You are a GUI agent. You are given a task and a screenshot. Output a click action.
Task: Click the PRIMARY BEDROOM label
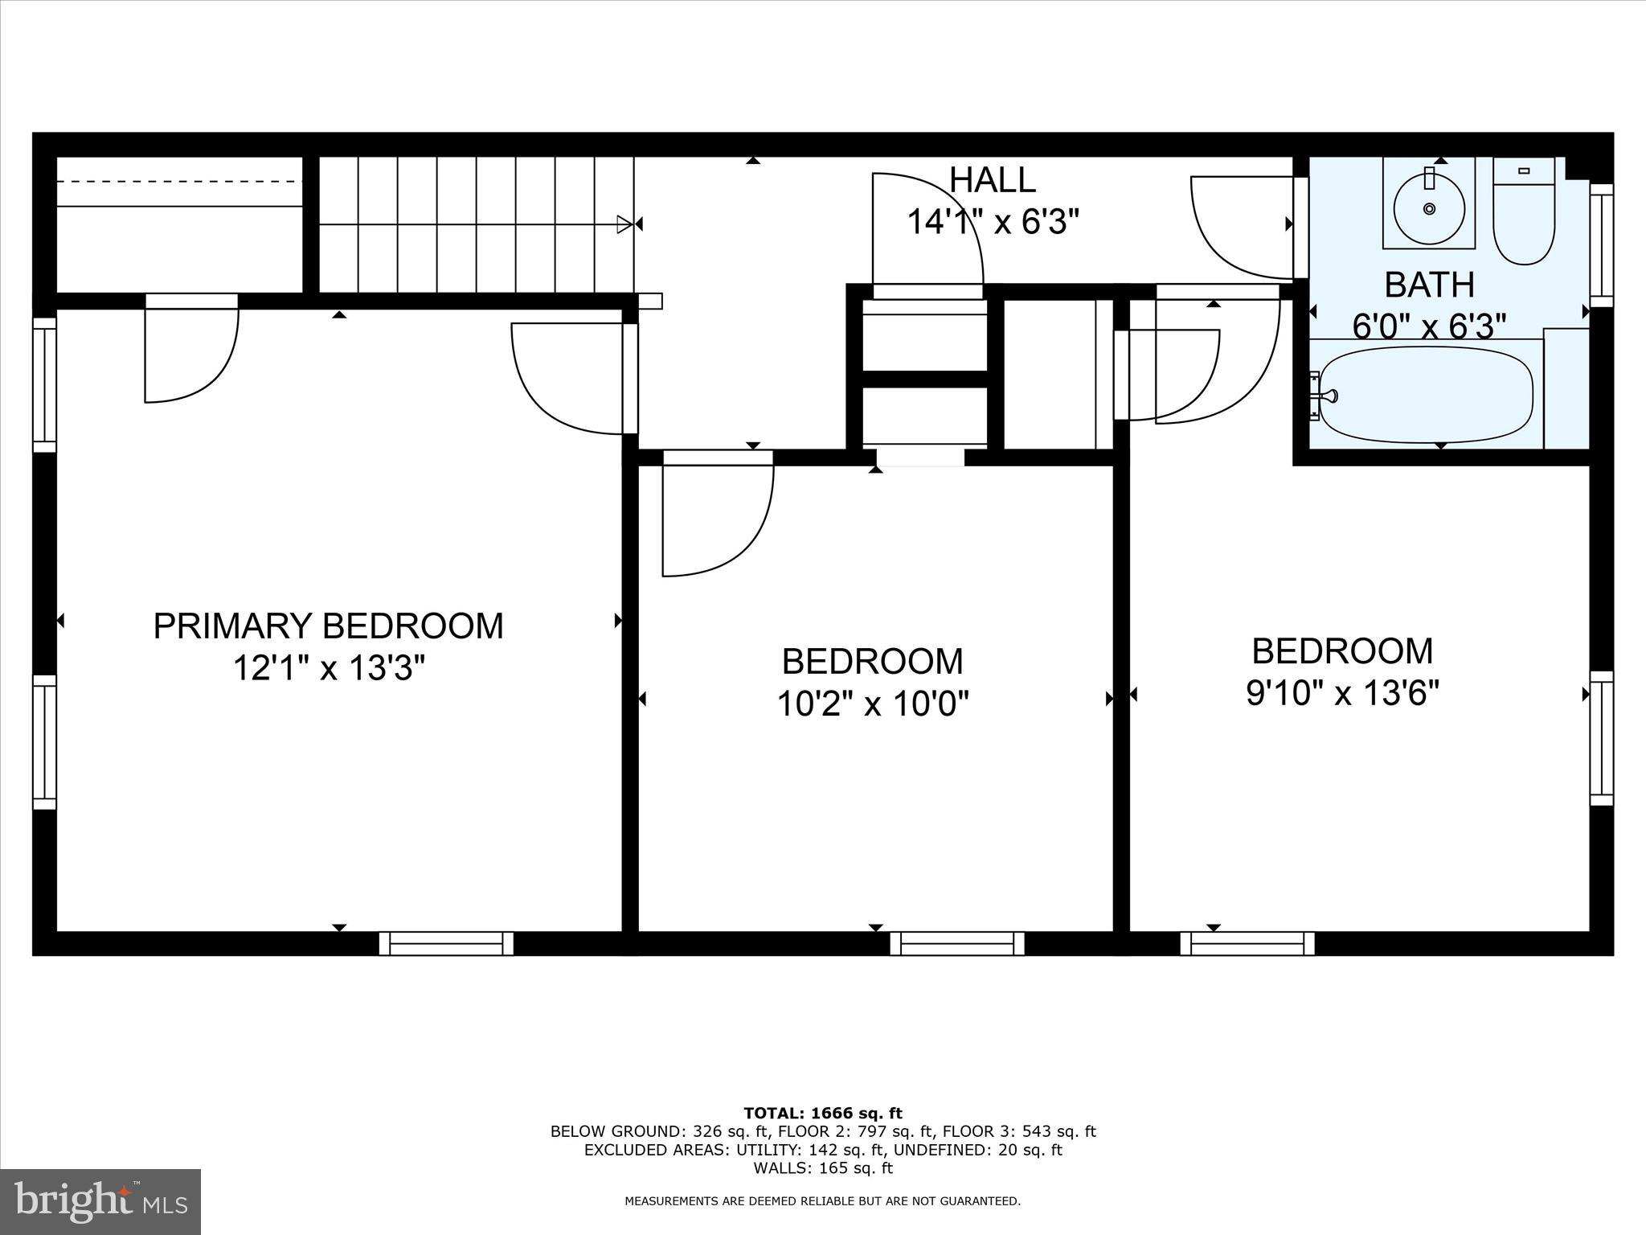tap(328, 626)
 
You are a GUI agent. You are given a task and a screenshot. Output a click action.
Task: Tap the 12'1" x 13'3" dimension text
tap(328, 667)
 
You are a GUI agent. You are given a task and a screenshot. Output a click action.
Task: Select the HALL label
tap(992, 180)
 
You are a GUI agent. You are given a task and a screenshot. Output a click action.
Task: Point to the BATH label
tap(1429, 285)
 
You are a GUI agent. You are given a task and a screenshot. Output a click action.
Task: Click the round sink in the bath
tap(1428, 208)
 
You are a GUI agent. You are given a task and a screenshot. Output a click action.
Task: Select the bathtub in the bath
tap(1427, 395)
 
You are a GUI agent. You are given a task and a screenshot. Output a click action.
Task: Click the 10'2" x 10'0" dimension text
tap(872, 704)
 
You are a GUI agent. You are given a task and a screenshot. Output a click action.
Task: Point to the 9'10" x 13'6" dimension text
tap(1341, 692)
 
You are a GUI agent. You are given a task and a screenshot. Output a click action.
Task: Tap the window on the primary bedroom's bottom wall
tap(446, 943)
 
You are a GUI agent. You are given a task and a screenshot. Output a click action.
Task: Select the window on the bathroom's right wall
tap(1601, 245)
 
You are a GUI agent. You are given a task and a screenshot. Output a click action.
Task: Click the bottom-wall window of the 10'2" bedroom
tap(956, 943)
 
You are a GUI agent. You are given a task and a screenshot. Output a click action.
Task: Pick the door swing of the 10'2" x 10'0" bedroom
tap(715, 515)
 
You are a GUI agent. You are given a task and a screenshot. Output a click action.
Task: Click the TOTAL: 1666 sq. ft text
tap(823, 1113)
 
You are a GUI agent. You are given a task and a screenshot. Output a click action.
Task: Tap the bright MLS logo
tap(100, 1201)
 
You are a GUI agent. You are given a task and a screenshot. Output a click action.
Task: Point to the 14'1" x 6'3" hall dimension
tap(992, 221)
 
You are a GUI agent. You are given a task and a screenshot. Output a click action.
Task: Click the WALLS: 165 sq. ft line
tap(823, 1168)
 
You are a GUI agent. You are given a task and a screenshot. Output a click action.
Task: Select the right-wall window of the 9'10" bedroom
tap(1601, 738)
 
